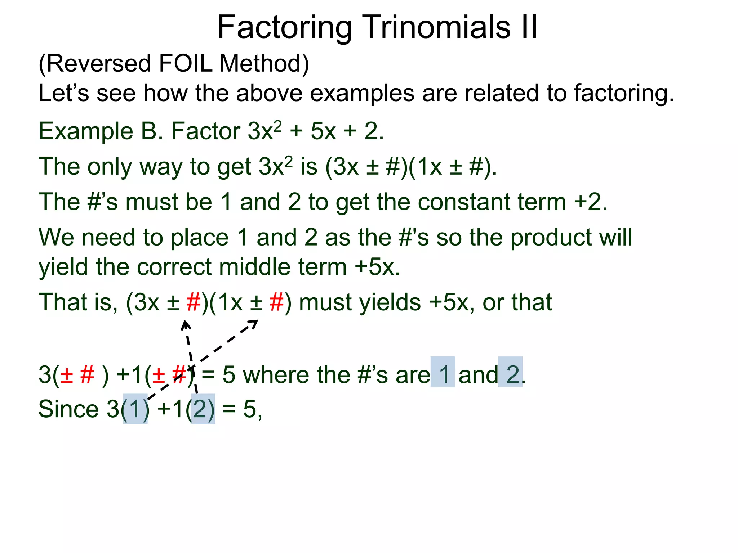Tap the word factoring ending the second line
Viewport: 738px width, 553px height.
click(623, 94)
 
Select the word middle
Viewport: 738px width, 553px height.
click(254, 267)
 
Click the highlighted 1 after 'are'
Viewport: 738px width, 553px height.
click(443, 374)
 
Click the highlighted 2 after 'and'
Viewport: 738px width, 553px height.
click(511, 374)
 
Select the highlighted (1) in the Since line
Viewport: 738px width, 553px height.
click(135, 409)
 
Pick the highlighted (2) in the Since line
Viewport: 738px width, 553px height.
click(203, 409)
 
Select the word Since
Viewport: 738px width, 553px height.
click(68, 409)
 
